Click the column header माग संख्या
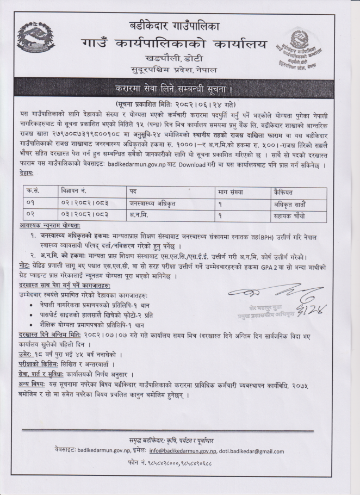(x=231, y=192)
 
